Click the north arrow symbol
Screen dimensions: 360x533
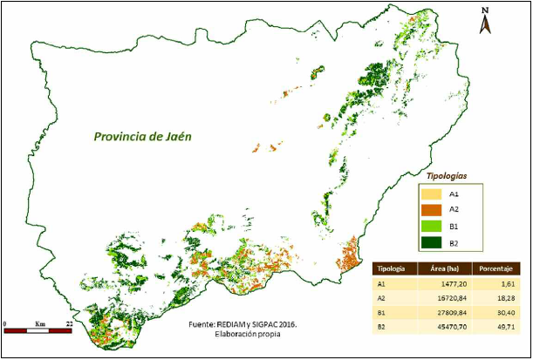click(x=484, y=21)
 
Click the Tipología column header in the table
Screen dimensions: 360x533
click(x=391, y=269)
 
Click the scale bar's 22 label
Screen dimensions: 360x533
click(x=67, y=324)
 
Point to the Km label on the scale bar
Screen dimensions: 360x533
click(x=39, y=324)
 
